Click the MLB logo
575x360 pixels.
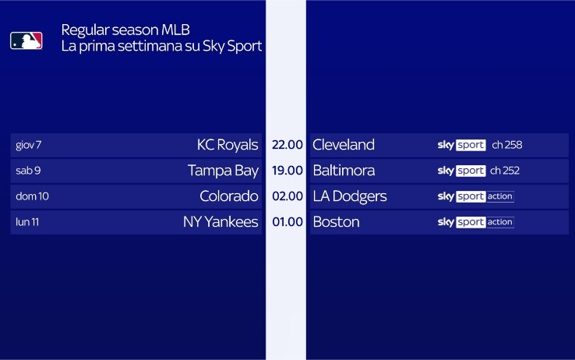pos(26,41)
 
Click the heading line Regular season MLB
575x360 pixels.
pos(125,30)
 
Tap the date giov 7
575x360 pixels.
pos(28,145)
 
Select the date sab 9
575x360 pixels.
pos(28,171)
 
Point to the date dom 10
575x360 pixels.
pos(32,196)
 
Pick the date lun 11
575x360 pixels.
pos(27,222)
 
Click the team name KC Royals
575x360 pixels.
pos(228,145)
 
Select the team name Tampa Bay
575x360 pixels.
pos(223,171)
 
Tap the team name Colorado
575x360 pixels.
pos(229,196)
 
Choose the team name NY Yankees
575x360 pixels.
pos(220,222)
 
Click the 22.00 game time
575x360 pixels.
pos(287,145)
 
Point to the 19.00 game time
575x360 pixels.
pos(287,171)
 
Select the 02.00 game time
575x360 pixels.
pos(287,196)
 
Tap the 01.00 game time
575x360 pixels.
pos(287,222)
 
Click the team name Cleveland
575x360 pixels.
pos(344,145)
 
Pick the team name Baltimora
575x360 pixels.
pos(344,171)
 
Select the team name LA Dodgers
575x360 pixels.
pos(350,196)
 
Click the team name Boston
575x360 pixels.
pos(336,222)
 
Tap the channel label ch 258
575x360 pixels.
pos(506,145)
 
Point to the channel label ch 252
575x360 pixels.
pos(505,171)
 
